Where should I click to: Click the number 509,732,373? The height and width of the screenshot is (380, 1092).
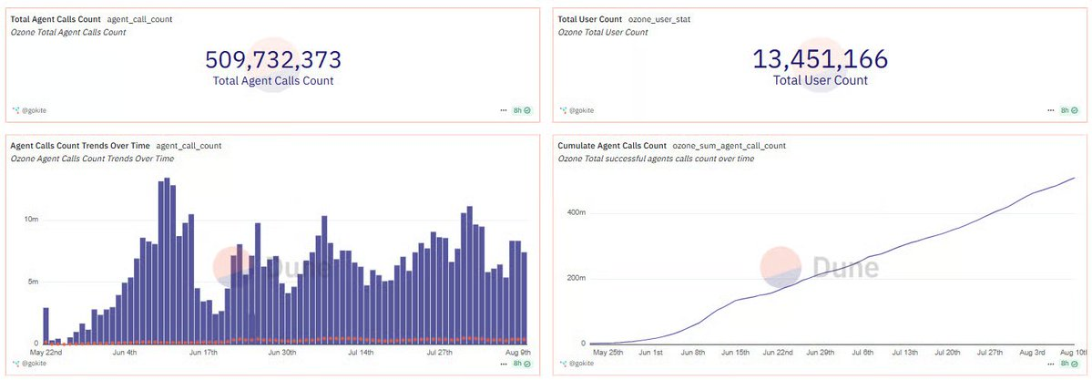coord(273,60)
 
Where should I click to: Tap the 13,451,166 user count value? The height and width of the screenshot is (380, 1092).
coord(820,60)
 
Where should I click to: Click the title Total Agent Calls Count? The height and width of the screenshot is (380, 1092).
coord(55,18)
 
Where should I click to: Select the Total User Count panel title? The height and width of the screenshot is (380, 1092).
coord(589,18)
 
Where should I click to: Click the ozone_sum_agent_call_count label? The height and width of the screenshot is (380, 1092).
coord(729,146)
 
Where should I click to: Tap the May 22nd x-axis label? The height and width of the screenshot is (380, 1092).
coord(46,353)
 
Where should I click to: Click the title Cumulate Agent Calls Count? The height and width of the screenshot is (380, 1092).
coord(612,146)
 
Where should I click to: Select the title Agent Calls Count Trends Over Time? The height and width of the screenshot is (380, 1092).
coord(79,146)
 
